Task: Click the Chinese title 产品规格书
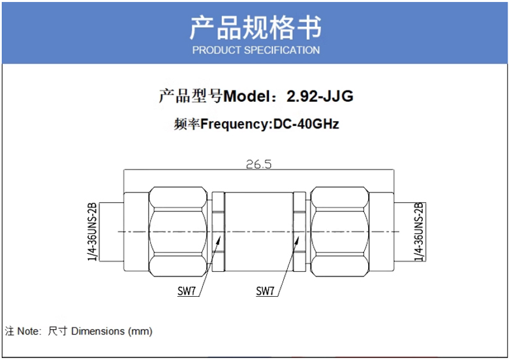click(255, 27)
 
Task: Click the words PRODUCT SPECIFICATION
click(256, 50)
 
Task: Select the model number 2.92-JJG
click(320, 96)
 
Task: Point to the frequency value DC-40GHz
click(306, 124)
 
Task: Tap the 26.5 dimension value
click(258, 164)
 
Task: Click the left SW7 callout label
click(187, 291)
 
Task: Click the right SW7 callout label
click(265, 291)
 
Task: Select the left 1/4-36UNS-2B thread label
click(92, 232)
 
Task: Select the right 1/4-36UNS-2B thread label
click(419, 232)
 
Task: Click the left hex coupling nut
click(178, 232)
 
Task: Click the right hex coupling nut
click(339, 232)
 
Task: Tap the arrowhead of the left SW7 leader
click(219, 240)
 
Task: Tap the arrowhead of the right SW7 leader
click(297, 241)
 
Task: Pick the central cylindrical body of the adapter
click(258, 232)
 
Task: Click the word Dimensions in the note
click(98, 331)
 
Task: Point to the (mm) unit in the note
click(140, 331)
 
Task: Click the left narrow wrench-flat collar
click(218, 232)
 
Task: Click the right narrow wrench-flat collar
click(300, 232)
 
